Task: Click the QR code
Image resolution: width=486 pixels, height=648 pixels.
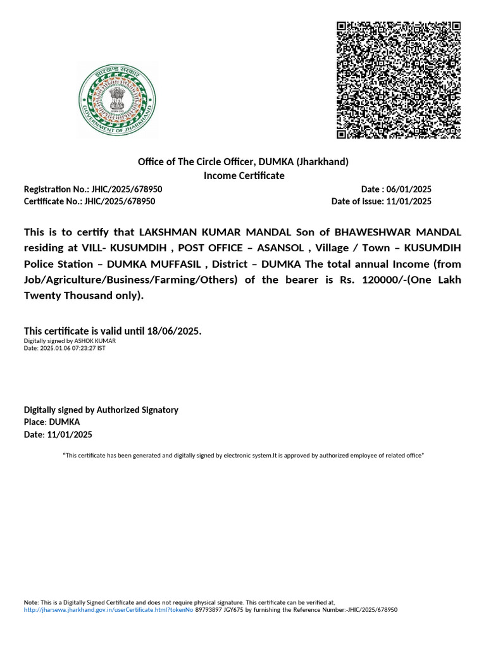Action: click(x=398, y=79)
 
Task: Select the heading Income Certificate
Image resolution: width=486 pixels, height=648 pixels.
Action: click(x=244, y=175)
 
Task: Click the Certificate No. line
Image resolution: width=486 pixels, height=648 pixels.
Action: click(x=89, y=201)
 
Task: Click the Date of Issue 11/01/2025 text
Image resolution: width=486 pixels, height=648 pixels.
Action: click(x=381, y=201)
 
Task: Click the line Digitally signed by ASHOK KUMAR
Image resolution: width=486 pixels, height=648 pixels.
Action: click(x=70, y=340)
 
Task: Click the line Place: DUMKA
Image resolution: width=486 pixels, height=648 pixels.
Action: click(x=52, y=422)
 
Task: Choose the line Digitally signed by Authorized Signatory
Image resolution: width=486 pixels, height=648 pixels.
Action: click(x=101, y=410)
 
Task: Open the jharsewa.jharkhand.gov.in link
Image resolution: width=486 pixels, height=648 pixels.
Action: click(x=108, y=609)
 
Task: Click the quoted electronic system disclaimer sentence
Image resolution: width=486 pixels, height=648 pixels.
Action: click(x=243, y=456)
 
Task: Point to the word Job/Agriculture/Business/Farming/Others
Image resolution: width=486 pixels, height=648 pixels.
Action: click(x=130, y=280)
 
